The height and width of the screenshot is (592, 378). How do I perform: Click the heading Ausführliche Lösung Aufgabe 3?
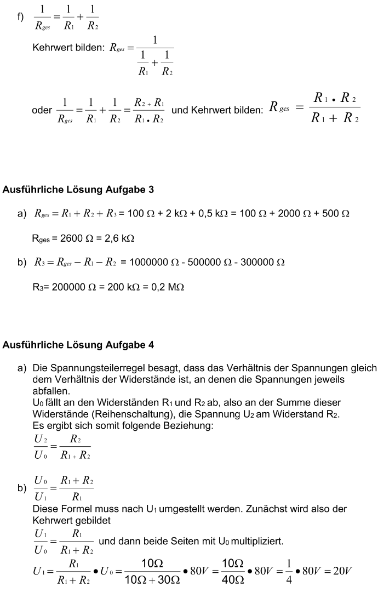click(x=78, y=190)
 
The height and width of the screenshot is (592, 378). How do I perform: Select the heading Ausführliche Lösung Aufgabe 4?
click(x=78, y=345)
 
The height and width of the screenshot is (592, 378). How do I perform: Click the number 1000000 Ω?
click(x=153, y=263)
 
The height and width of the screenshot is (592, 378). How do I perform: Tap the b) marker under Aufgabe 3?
click(x=21, y=263)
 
